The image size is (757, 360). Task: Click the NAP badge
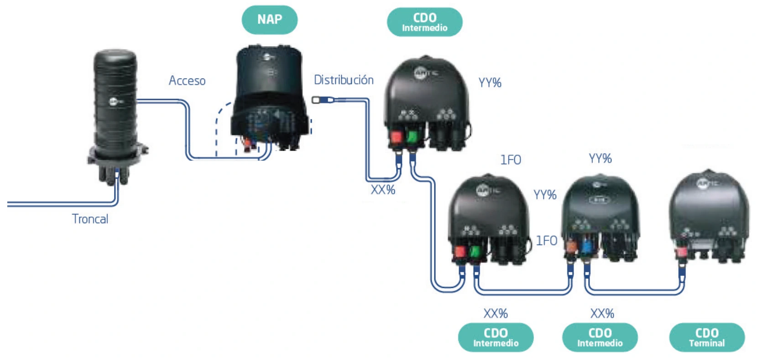[x=269, y=20]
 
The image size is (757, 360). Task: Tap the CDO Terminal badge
[x=706, y=337]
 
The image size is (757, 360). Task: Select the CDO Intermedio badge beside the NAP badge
[x=424, y=21]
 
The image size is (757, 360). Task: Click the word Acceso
[x=187, y=81]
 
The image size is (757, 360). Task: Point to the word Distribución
[x=344, y=80]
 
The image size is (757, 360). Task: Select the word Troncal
[x=90, y=219]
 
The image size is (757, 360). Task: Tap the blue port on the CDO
[x=586, y=248]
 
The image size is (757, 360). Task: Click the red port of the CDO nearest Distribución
[x=396, y=136]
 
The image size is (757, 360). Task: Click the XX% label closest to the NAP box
[x=383, y=190]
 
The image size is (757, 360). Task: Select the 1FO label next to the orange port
[x=546, y=240]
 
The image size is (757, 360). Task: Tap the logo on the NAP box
[x=268, y=57]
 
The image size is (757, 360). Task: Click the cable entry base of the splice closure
[x=116, y=167]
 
